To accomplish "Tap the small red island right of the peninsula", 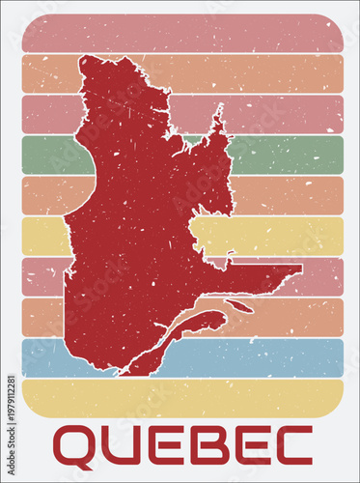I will pyautogui.click(x=240, y=307).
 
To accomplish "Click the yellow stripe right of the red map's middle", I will pyautogui.click(x=280, y=236).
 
